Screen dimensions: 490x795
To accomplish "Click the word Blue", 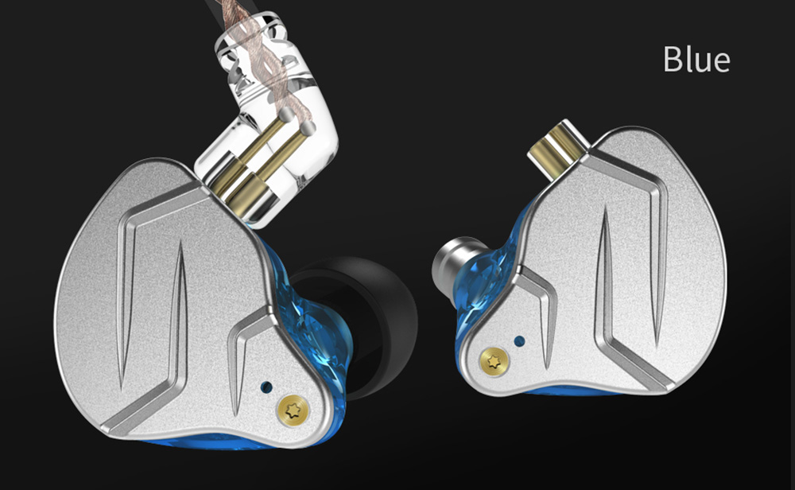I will point(696,59).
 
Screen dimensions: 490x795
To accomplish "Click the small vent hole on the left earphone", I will point(265,387).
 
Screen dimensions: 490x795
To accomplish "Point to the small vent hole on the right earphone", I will point(519,341).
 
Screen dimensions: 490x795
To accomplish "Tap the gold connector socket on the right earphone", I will point(560,143).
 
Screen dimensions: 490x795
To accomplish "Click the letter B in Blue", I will point(673,59).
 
